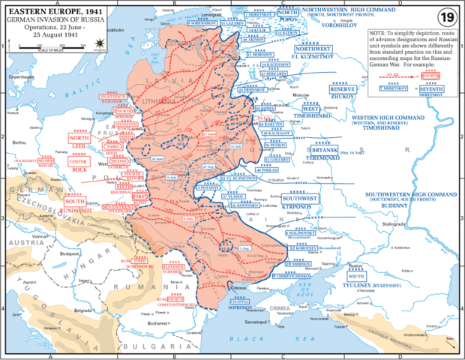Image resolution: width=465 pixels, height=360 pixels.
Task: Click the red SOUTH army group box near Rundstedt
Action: [75, 201]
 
